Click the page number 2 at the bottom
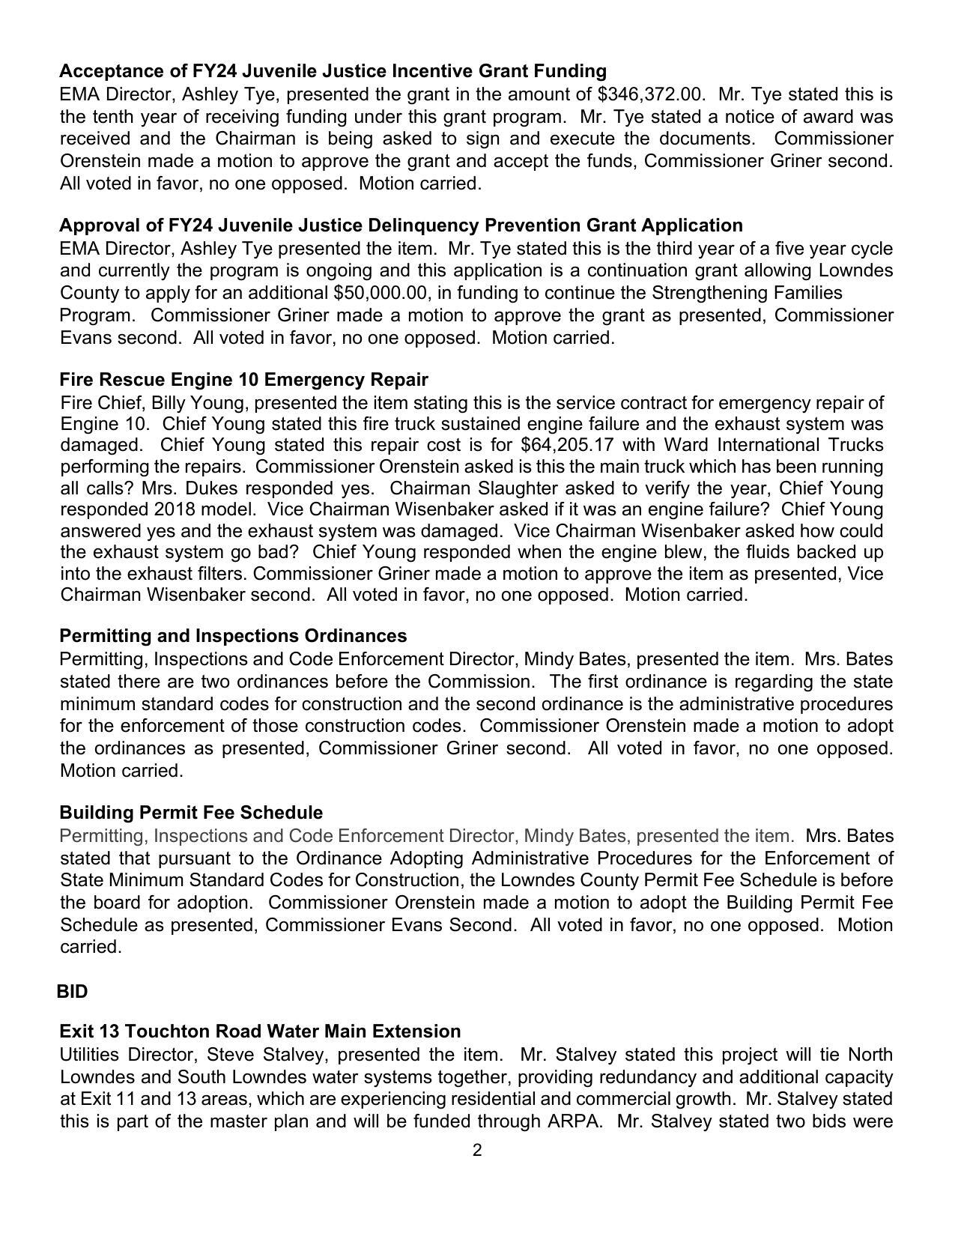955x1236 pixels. [x=477, y=1151]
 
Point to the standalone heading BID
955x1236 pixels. [x=73, y=992]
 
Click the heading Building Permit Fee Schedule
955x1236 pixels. [x=191, y=813]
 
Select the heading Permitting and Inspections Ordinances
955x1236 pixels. [x=233, y=636]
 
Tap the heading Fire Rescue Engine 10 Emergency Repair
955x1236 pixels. [x=243, y=379]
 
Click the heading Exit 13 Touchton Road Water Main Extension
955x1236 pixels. [x=260, y=1031]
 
